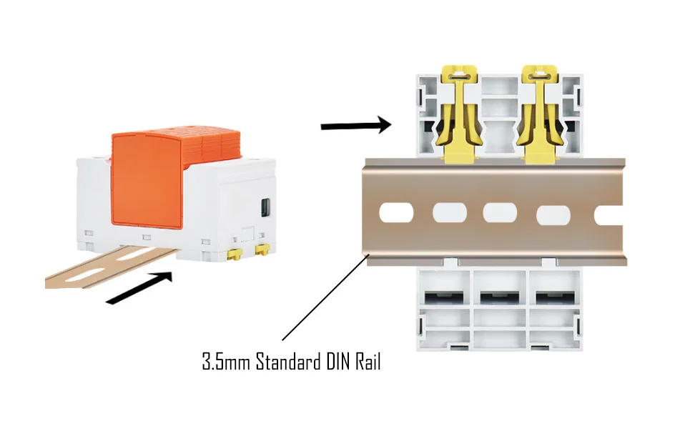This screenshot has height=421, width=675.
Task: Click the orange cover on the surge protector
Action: pos(146,182)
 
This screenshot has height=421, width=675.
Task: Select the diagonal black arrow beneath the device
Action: pos(139,287)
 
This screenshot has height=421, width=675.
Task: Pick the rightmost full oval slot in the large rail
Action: pos(556,213)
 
